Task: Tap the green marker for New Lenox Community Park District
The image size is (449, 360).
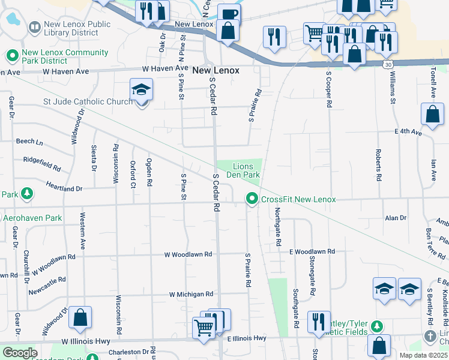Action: [x=11, y=56]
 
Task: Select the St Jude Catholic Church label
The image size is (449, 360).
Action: [x=88, y=101]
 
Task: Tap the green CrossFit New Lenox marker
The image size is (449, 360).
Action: [x=251, y=199]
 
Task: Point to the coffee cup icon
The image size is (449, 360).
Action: [x=228, y=14]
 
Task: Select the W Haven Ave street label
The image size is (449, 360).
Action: [x=65, y=71]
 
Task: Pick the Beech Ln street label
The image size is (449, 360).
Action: [x=29, y=142]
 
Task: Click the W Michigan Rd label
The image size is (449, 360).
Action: [x=191, y=294]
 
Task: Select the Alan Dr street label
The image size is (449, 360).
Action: [x=396, y=218]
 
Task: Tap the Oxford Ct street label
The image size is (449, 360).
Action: [x=133, y=174]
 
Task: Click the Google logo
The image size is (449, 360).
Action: [x=20, y=353]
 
